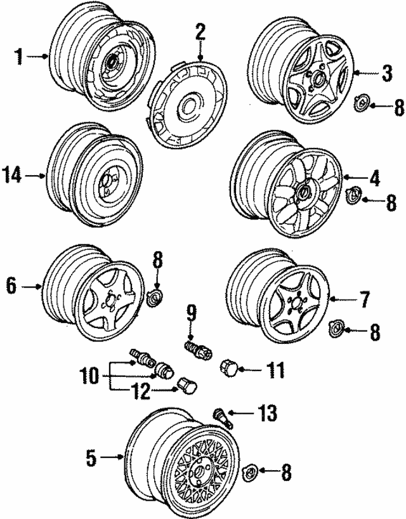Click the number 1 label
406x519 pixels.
[20, 57]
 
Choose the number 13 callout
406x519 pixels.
[268, 414]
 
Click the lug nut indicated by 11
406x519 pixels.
[228, 367]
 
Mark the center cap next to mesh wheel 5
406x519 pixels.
[251, 472]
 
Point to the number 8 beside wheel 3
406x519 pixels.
[399, 106]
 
